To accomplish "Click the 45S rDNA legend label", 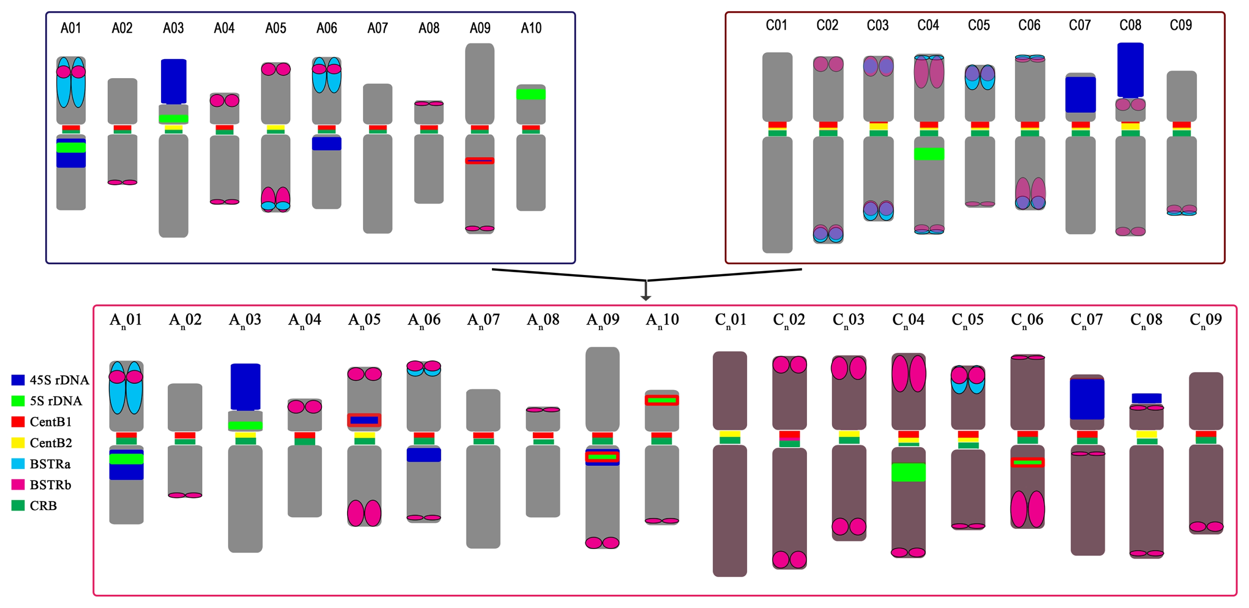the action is click(59, 380).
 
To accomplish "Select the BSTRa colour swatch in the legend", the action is click(18, 463).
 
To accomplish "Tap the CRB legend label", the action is click(43, 506).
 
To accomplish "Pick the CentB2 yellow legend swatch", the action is click(18, 442).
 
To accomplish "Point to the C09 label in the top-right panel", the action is click(1181, 25).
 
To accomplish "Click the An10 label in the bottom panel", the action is click(662, 320).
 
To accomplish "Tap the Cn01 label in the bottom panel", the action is click(730, 320).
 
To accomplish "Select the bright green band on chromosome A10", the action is click(531, 94).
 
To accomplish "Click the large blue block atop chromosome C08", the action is click(1130, 70).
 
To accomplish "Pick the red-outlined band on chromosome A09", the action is click(480, 161).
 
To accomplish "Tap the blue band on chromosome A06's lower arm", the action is click(326, 144).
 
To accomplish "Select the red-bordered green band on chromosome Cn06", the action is click(1027, 462).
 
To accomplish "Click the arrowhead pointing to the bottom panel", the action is click(646, 298).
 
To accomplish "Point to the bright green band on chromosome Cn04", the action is click(909, 472).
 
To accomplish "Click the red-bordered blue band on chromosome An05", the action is click(364, 420).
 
